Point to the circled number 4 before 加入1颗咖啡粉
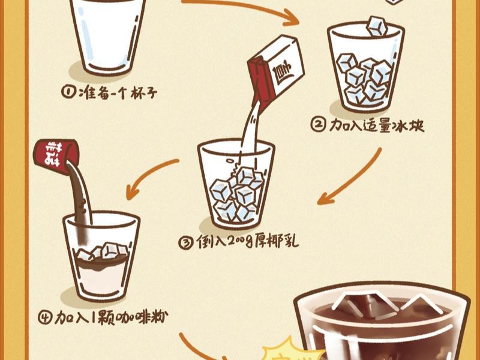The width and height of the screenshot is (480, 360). [x=46, y=316]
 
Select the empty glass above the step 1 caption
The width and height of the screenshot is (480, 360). [x=109, y=33]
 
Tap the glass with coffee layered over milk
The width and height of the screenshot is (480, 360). [x=100, y=258]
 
